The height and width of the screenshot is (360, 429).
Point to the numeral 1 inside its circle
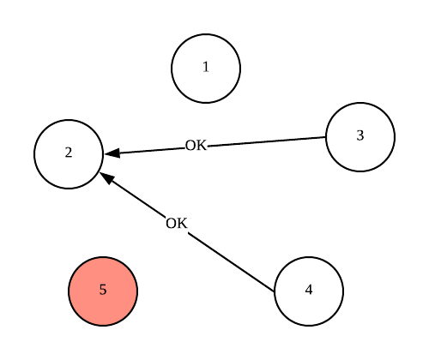click(206, 68)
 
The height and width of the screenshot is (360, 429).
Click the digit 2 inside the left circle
click(69, 153)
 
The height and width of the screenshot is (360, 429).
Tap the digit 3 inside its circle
click(360, 135)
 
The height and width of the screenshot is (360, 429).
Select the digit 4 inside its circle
click(309, 290)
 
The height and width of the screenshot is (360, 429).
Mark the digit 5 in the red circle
click(103, 290)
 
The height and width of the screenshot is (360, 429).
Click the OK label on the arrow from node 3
click(196, 146)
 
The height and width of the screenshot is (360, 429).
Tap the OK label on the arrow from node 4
click(176, 224)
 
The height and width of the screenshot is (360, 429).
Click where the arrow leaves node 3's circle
click(326, 137)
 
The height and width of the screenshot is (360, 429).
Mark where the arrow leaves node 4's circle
click(275, 291)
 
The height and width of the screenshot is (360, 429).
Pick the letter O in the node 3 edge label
click(190, 146)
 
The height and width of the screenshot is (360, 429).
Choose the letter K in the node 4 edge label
click(181, 224)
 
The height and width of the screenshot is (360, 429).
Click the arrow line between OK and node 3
click(266, 141)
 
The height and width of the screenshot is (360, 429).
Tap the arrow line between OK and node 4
click(232, 262)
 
